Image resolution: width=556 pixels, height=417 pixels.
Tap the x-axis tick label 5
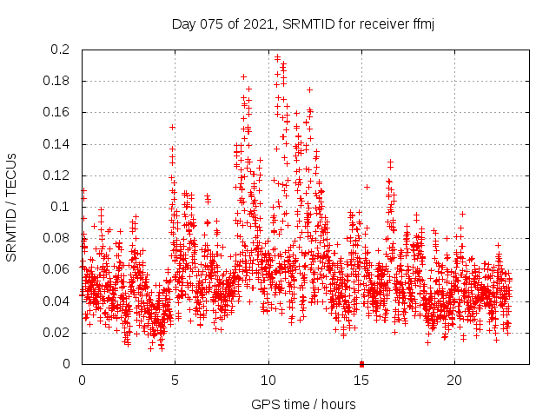(175, 381)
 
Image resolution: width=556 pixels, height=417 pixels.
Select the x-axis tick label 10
(268, 381)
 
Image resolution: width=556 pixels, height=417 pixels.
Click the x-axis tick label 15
(361, 381)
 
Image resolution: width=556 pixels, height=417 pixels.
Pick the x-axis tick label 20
(453, 381)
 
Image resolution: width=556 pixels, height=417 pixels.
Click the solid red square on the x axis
(361, 363)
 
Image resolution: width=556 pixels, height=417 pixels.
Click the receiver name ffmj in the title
(421, 24)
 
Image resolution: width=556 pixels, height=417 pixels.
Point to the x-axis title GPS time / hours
(302, 404)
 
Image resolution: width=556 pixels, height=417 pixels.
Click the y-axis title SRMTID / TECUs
(12, 207)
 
